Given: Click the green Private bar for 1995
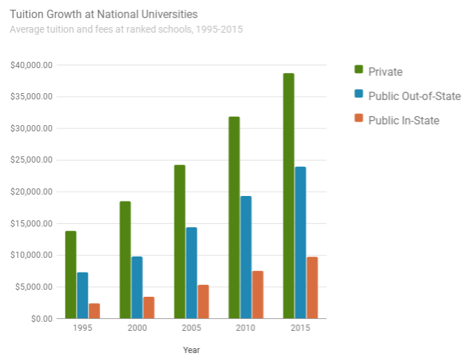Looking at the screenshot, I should [x=70, y=275].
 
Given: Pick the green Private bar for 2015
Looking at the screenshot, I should [x=288, y=195].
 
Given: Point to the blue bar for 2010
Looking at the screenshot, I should [x=246, y=257].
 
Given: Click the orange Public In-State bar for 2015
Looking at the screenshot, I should [x=312, y=287].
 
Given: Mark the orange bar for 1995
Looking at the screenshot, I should [x=95, y=311].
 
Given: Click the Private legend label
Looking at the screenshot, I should [x=385, y=72].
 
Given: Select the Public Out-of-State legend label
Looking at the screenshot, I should [x=414, y=96].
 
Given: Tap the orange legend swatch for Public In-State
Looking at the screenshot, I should [x=359, y=119].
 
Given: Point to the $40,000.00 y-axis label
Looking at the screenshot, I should [x=32, y=65].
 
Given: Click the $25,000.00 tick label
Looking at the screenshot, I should [x=32, y=160].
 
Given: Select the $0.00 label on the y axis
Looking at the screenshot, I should [x=40, y=318].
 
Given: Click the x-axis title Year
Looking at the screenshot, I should [x=191, y=350].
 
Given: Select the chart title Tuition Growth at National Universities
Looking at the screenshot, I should [x=104, y=14].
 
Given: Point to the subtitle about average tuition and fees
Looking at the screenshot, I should [x=127, y=30].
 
